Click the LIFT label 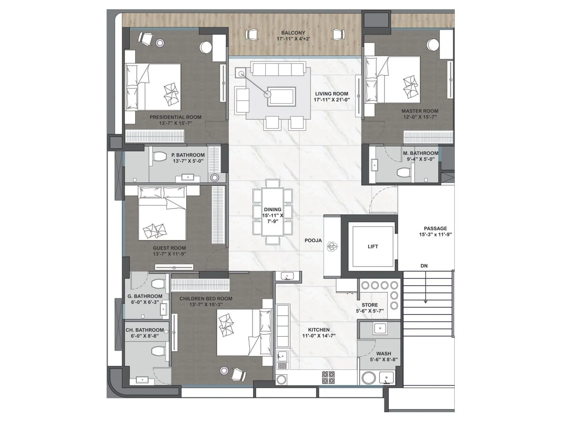(373, 247)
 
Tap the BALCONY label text (293, 33)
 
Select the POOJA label (313, 240)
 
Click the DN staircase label (424, 266)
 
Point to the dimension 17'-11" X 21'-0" (331, 100)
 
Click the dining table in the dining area (272, 212)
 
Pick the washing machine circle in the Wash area (369, 378)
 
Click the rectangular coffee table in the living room (282, 96)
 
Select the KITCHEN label (319, 330)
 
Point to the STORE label (370, 305)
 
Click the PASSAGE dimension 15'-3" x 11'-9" (435, 234)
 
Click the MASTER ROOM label (420, 111)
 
